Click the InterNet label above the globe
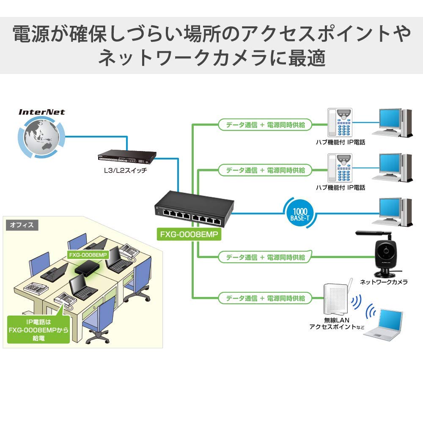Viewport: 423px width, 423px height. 41,112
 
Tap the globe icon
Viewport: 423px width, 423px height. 41,137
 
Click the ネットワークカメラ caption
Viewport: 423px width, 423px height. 384,282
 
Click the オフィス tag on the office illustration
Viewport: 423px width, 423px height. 22,225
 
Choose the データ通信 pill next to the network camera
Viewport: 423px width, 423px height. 265,257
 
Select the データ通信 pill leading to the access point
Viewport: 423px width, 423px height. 265,298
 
